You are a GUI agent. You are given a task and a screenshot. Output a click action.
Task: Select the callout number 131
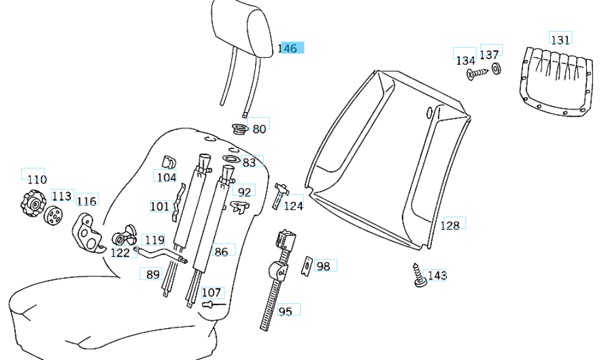[x=560, y=40]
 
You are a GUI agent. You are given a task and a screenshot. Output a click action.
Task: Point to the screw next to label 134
[x=477, y=74]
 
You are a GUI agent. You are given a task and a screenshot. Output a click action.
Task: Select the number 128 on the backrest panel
[x=450, y=225]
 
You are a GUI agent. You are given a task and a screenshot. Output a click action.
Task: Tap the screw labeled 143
[x=419, y=276]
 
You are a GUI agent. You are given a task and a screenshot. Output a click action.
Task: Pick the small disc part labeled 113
[x=54, y=215]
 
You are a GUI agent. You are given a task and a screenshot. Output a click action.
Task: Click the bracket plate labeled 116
[x=88, y=234]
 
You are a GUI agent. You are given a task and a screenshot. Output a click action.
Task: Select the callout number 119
[x=154, y=240]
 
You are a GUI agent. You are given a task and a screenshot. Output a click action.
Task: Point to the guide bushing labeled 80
[x=240, y=129]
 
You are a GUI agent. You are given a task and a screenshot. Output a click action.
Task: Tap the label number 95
[x=286, y=311]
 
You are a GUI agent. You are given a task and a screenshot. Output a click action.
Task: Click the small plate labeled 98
[x=308, y=266]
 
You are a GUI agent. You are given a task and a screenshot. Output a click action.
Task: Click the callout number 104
[x=166, y=177]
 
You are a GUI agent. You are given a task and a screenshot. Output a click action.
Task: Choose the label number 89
[x=153, y=275]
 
